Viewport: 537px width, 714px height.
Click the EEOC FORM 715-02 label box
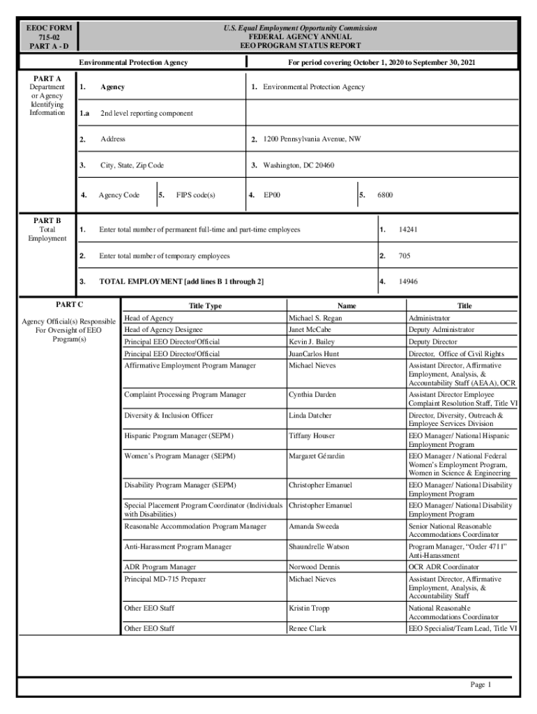point(49,36)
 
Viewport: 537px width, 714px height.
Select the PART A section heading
point(47,77)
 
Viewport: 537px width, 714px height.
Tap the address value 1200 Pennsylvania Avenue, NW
point(312,139)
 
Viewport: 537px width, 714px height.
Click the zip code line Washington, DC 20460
point(298,166)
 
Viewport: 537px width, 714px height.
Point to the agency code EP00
point(271,195)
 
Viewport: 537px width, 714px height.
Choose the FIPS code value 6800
point(385,195)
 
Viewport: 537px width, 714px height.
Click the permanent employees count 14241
point(408,229)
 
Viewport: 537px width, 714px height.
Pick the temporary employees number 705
point(404,256)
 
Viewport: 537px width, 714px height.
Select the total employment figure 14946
point(408,282)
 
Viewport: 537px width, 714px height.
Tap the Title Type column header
point(205,306)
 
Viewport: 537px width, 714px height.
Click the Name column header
point(347,306)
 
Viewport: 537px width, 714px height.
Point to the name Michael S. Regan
point(315,318)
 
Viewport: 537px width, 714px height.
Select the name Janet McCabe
point(310,330)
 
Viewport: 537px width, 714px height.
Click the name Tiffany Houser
point(312,436)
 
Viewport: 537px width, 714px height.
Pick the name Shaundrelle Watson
point(319,547)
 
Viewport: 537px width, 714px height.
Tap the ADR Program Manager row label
point(160,568)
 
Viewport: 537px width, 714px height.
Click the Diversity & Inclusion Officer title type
point(169,416)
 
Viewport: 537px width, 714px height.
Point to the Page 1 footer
point(481,685)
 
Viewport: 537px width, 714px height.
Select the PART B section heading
point(47,220)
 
